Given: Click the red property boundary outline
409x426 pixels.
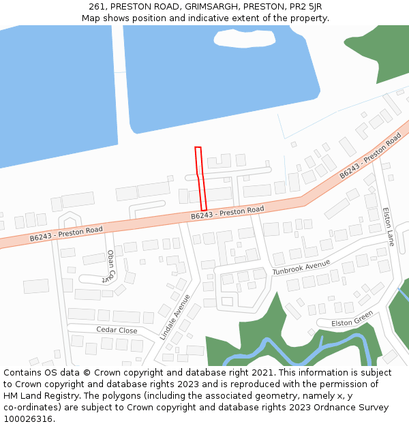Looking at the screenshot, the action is [200, 179].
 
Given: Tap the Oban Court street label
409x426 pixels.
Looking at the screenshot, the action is [110, 266].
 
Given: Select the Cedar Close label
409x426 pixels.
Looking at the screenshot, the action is [117, 331].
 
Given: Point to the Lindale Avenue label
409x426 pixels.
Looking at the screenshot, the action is [175, 317].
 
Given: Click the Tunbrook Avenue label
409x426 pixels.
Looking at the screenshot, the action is [301, 267].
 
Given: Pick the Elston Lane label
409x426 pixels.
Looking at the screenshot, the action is [389, 226].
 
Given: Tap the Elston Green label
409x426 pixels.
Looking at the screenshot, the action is [352, 318].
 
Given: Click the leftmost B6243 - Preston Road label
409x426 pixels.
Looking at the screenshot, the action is [65, 234].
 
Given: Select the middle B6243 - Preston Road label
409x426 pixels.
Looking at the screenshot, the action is [227, 213].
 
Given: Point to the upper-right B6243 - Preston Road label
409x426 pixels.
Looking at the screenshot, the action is [370, 157].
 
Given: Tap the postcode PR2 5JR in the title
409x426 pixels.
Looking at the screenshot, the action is [305, 7].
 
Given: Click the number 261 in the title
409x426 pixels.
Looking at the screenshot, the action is [96, 7].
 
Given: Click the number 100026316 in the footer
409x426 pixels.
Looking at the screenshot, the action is [28, 419].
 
